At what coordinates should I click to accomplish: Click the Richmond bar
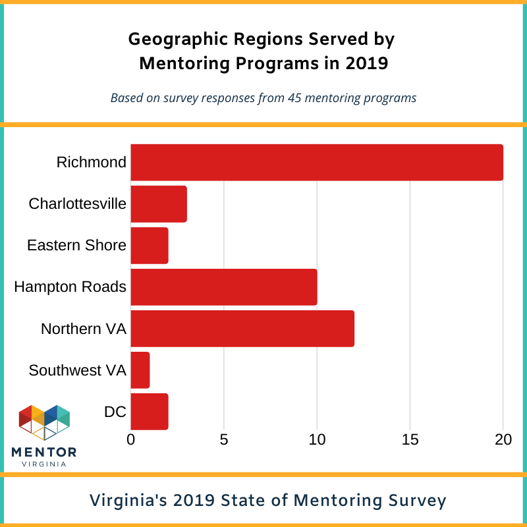click(x=317, y=162)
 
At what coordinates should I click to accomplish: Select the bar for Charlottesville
click(x=159, y=204)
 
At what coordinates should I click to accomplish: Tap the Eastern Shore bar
click(x=150, y=245)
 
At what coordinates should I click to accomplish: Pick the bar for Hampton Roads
click(x=224, y=287)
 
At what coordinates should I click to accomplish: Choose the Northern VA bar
click(x=242, y=328)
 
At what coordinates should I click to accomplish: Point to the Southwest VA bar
click(x=140, y=370)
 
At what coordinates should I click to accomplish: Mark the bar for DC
click(x=150, y=411)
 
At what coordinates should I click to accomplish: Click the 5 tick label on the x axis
click(x=224, y=439)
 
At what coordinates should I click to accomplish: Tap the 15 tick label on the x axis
click(x=410, y=439)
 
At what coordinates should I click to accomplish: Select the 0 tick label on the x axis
click(x=131, y=439)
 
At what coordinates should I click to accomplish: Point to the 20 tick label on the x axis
click(x=503, y=439)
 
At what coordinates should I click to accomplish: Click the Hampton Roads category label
click(x=70, y=287)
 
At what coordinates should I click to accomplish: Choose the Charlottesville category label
click(x=77, y=204)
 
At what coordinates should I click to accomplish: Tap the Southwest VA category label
click(x=77, y=370)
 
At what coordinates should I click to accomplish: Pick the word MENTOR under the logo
click(x=44, y=452)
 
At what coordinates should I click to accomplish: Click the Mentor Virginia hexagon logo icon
click(x=44, y=422)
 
